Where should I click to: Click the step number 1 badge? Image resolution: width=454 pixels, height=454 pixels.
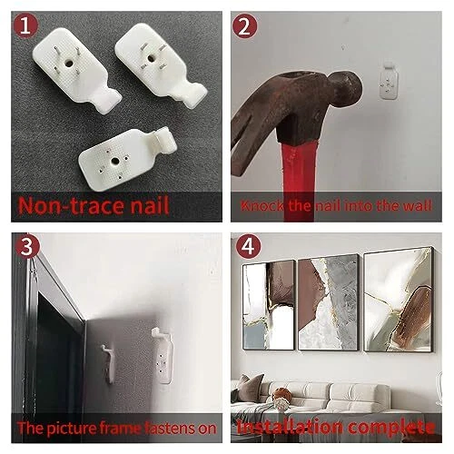tap(25, 25)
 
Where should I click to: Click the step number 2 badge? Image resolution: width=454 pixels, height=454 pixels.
tap(244, 26)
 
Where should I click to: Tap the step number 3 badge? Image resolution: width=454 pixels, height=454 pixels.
tap(27, 246)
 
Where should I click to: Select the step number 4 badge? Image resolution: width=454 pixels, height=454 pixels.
tap(248, 246)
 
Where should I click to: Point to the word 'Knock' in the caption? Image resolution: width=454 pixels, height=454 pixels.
tap(262, 206)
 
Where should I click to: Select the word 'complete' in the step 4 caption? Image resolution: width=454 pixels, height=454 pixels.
tap(391, 428)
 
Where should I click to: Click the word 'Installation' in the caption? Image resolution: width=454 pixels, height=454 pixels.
tap(290, 427)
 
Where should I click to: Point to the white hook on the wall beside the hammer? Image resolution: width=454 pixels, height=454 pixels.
tap(389, 81)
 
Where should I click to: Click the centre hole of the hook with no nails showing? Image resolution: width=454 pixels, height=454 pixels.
tap(114, 160)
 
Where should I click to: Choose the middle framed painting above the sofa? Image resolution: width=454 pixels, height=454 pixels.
tap(329, 302)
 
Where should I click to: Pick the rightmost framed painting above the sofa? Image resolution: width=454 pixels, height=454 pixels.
tap(399, 300)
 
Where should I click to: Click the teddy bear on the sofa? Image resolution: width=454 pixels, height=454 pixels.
tap(281, 397)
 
